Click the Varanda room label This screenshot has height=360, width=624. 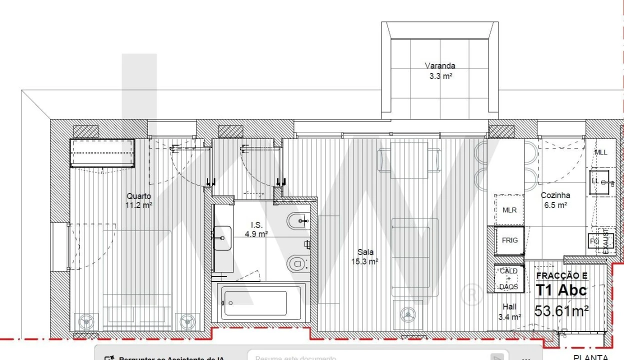coord(440,65)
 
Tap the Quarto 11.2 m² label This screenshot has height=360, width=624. coord(138,200)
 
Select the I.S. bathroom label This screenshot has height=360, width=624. coord(256,229)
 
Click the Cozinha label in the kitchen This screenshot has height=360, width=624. coord(555,200)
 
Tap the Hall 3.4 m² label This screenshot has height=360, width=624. coord(510,311)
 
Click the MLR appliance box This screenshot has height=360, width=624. coord(509,210)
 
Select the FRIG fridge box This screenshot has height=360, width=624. coord(509,240)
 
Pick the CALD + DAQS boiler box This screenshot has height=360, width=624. coord(509,278)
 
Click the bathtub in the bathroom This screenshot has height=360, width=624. coord(256,302)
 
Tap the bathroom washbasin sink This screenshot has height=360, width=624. coord(222,238)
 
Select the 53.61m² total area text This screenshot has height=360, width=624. coord(561,311)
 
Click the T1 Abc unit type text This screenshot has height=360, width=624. coord(561,290)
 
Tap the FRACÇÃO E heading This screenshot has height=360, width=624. coord(562,275)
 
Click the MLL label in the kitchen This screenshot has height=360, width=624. coord(601,152)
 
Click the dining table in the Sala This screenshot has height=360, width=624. coord(409,159)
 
